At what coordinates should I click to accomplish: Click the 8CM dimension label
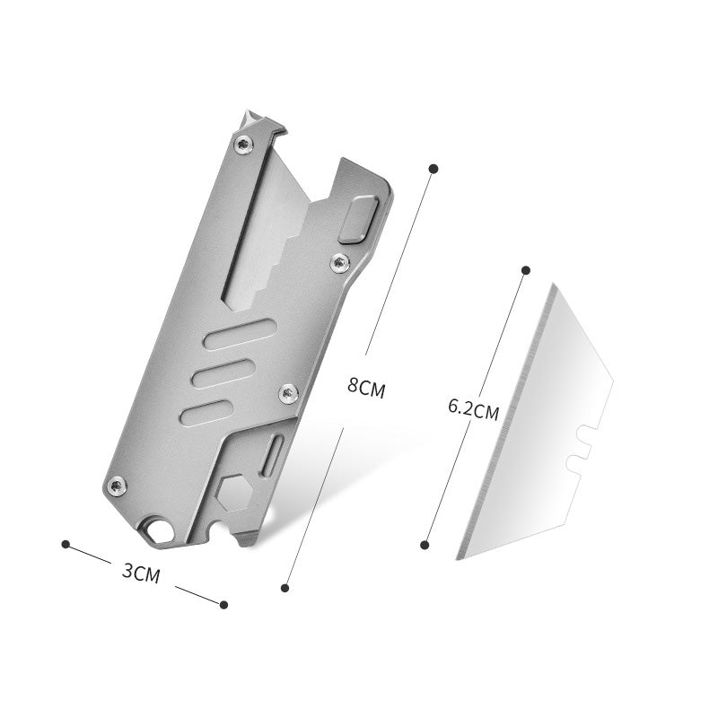[366, 389]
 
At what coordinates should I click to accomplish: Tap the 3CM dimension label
[142, 573]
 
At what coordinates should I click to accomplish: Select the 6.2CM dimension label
[474, 410]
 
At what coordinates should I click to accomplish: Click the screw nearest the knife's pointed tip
[243, 145]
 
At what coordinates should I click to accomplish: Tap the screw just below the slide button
[340, 263]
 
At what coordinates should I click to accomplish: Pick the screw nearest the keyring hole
[117, 486]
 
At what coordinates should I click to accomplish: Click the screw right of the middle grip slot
[288, 393]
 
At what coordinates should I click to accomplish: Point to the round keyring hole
[161, 532]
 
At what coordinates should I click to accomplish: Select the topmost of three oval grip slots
[241, 334]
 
